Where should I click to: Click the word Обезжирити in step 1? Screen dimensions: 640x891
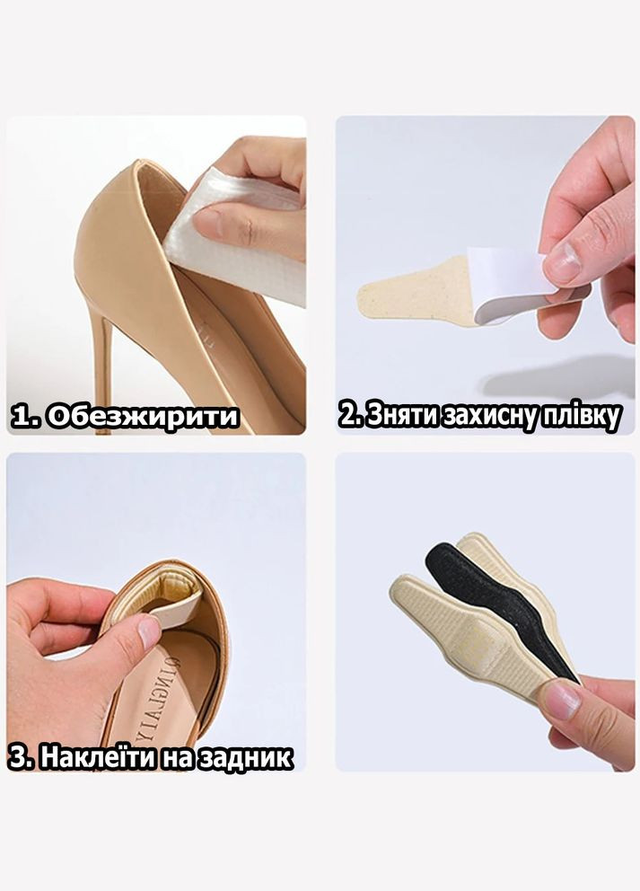pos(142,417)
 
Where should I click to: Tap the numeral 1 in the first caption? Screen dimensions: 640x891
pos(20,417)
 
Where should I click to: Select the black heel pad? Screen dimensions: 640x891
pos(500,608)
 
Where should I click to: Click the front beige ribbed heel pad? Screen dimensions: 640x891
pos(471,637)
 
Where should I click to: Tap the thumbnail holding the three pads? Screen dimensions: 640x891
pos(562,700)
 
